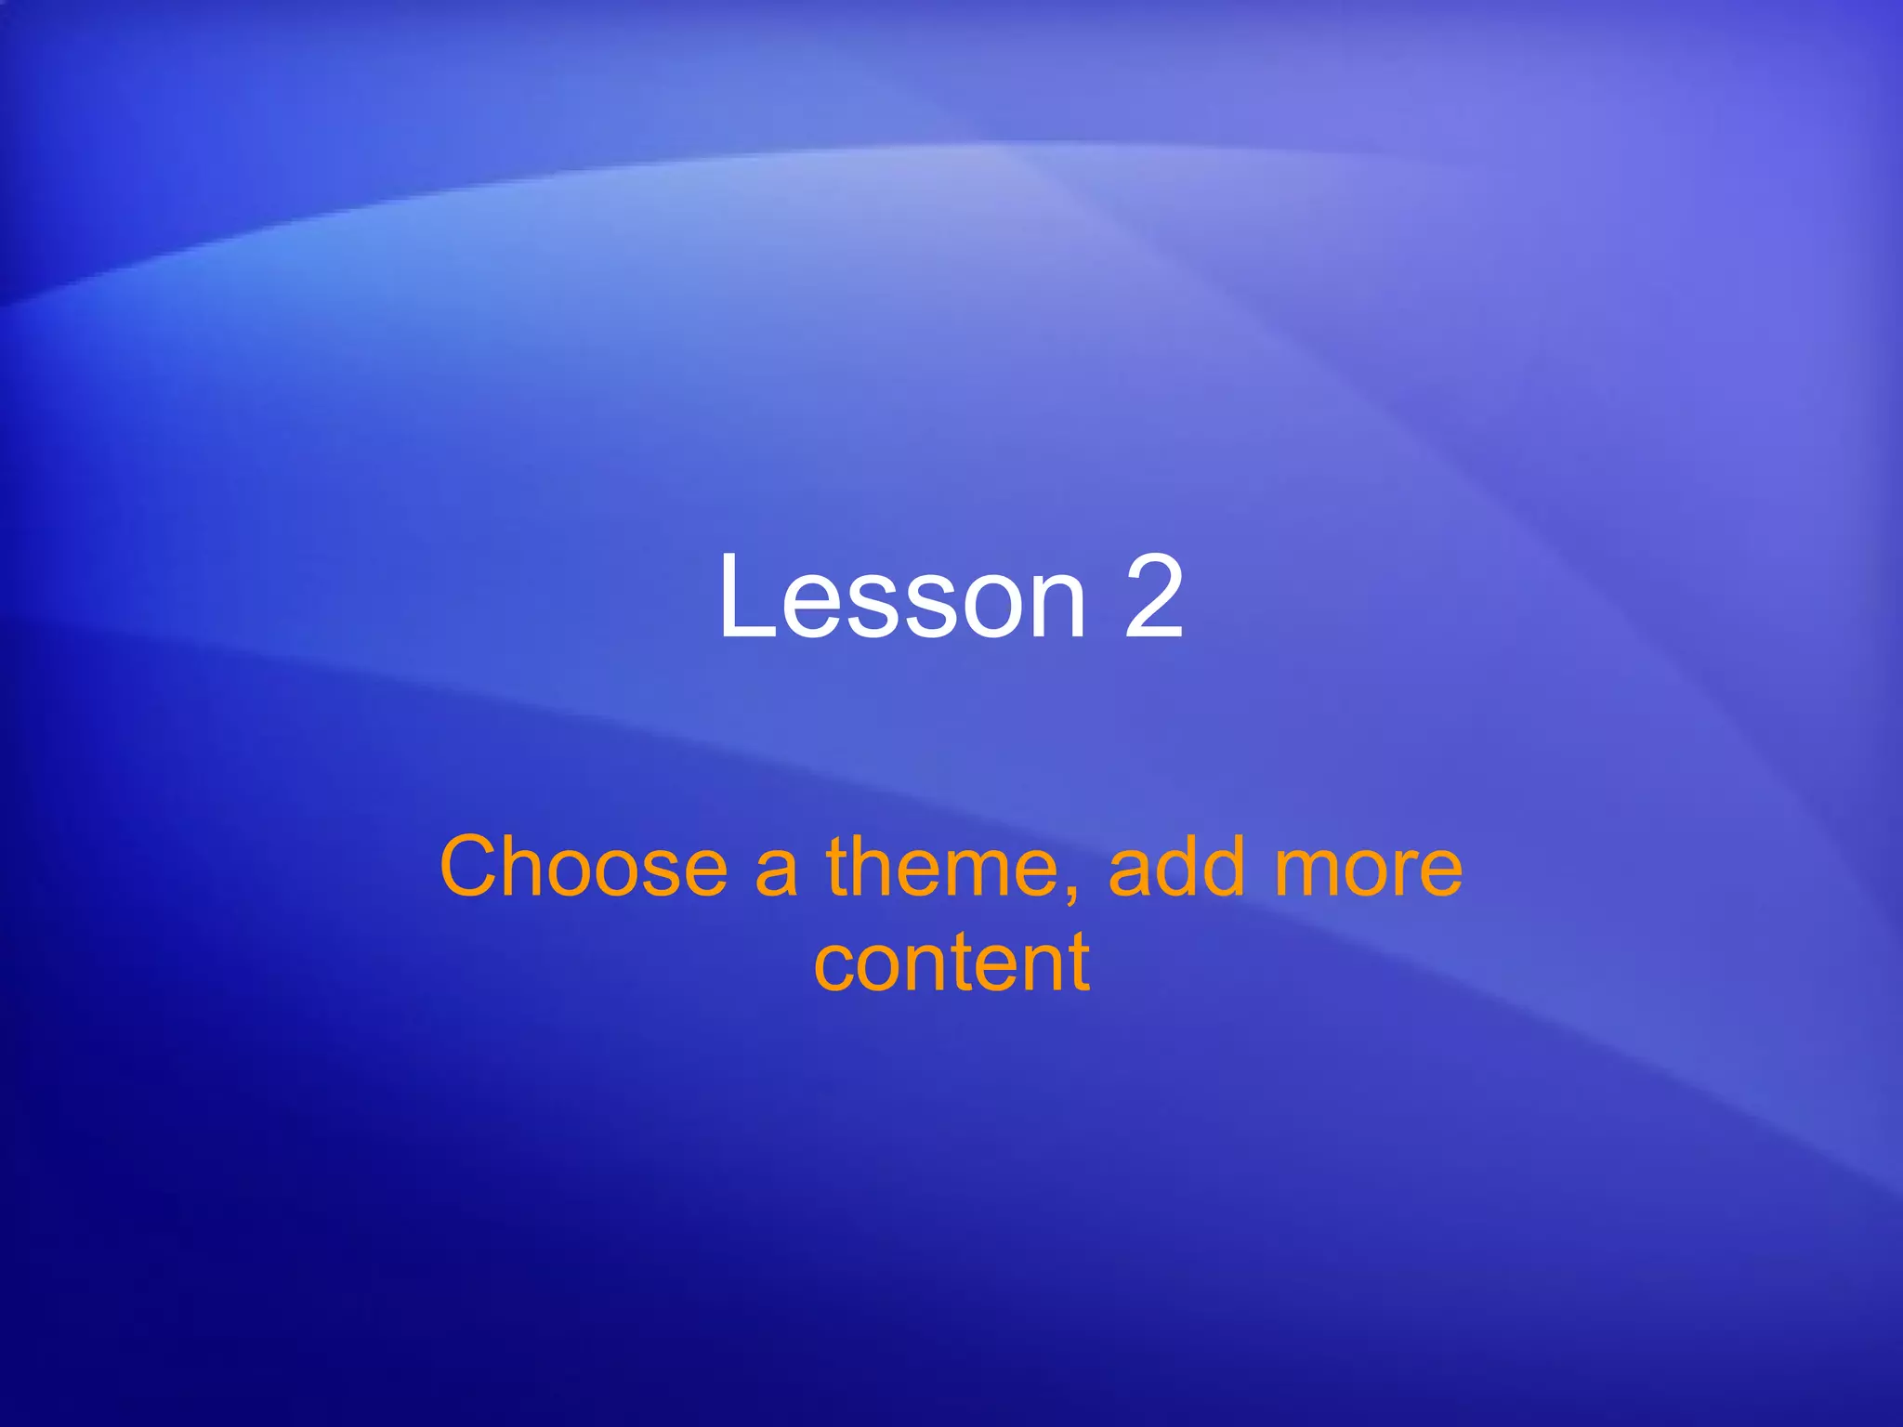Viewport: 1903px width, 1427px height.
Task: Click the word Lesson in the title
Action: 901,596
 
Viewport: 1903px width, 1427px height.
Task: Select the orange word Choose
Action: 583,868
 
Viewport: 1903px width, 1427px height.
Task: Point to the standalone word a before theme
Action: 776,873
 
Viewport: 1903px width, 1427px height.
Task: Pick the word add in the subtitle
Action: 1175,868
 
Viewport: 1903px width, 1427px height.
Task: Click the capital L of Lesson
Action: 743,596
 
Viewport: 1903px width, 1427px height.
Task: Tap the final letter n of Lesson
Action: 1056,609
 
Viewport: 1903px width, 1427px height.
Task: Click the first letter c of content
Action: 833,971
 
